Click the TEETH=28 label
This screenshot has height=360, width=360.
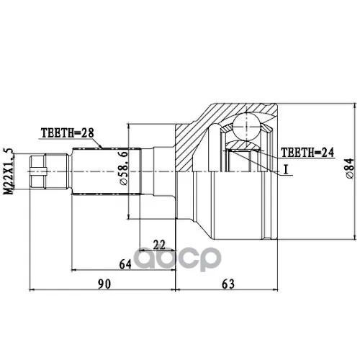tap(68, 133)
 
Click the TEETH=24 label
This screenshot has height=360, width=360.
tap(307, 152)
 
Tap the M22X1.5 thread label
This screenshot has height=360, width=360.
tap(9, 171)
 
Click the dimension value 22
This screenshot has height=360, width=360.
tap(159, 245)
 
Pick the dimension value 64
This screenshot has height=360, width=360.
tap(125, 264)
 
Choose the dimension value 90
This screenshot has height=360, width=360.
tap(104, 284)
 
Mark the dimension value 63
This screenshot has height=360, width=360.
tap(228, 284)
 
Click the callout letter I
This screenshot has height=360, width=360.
tap(286, 170)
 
